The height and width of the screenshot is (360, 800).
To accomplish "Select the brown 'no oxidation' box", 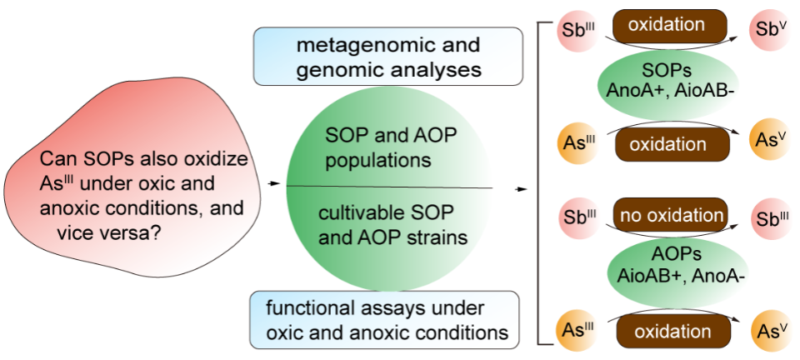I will pyautogui.click(x=671, y=217).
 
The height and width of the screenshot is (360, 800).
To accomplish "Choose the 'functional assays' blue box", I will pyautogui.click(x=387, y=321).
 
